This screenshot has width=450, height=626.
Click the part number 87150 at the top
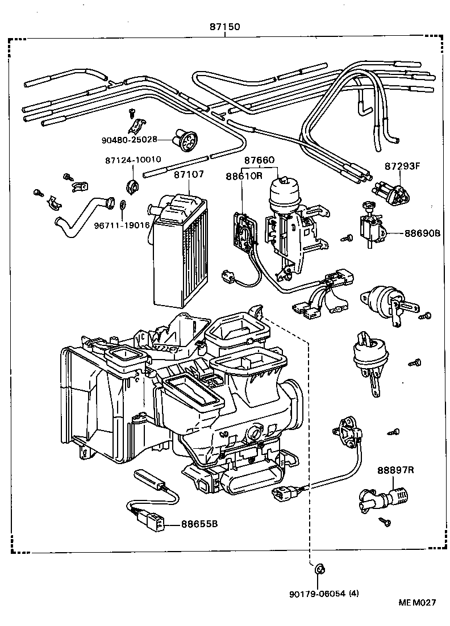pos(226,26)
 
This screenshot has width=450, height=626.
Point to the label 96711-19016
pos(122,224)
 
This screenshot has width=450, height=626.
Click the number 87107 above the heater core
pos(189,176)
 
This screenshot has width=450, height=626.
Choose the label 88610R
pos(244,176)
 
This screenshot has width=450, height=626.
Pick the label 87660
pos(260,161)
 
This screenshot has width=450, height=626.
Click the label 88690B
pos(423,233)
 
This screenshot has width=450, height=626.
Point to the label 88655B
pos(199,524)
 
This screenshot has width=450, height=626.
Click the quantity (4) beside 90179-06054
pos(353,594)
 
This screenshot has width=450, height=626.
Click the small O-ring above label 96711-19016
pos(124,205)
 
